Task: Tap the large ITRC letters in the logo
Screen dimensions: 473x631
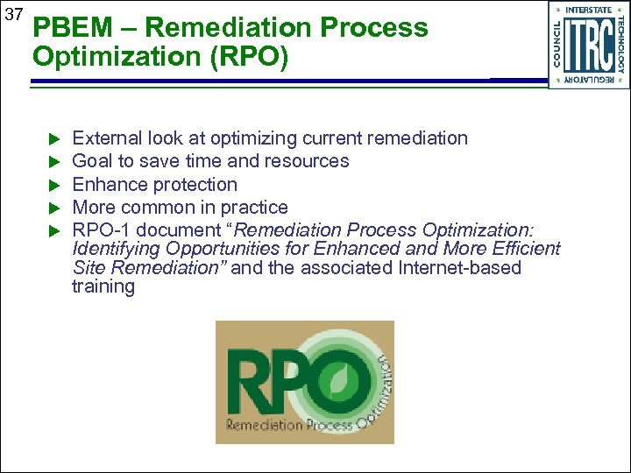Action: [x=589, y=45]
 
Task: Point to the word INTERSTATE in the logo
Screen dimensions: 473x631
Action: [x=588, y=10]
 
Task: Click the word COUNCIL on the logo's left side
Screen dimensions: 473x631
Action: [x=557, y=44]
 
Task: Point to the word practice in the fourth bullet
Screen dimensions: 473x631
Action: [x=254, y=208]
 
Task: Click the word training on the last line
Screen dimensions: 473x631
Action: [x=103, y=287]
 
